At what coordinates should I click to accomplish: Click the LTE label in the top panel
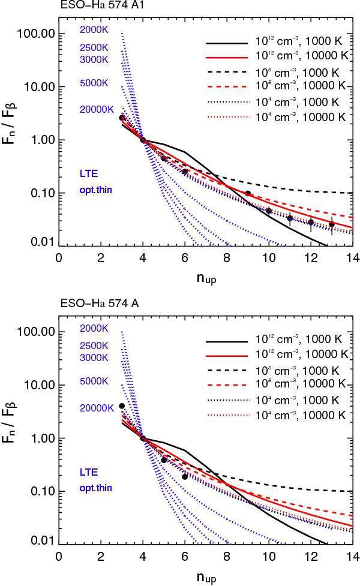pos(88,174)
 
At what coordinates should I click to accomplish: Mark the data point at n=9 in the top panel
pos(247,193)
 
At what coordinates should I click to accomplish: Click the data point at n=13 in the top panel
pos(331,224)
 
